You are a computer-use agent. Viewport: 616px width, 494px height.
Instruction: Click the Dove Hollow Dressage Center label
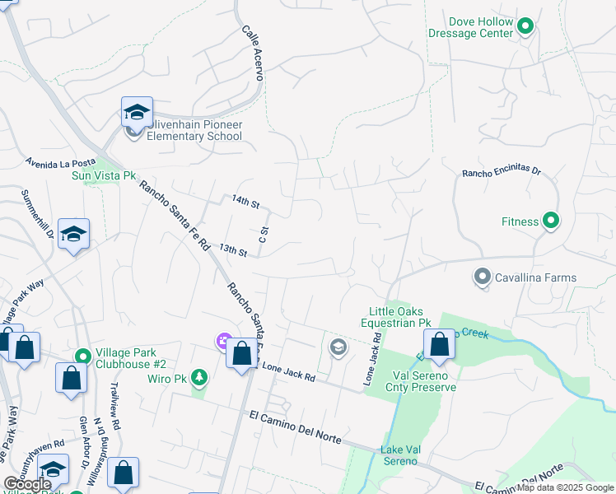pos(470,27)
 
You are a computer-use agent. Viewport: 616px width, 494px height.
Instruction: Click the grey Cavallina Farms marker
pos(483,277)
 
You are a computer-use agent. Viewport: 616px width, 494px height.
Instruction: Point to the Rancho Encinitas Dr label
pos(501,173)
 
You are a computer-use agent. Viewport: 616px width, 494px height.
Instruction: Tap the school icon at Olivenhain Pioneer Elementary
pos(137,112)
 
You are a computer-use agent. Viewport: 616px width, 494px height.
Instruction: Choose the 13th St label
pos(233,251)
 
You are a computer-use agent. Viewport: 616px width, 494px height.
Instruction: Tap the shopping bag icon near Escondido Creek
pos(440,346)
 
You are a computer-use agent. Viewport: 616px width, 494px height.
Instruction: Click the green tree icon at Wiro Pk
pos(198,378)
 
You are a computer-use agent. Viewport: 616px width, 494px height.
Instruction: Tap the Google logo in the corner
pos(27,484)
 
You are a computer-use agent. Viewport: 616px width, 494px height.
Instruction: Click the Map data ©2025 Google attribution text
pos(565,487)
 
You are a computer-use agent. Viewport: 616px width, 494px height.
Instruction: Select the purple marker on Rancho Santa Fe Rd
pos(222,340)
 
